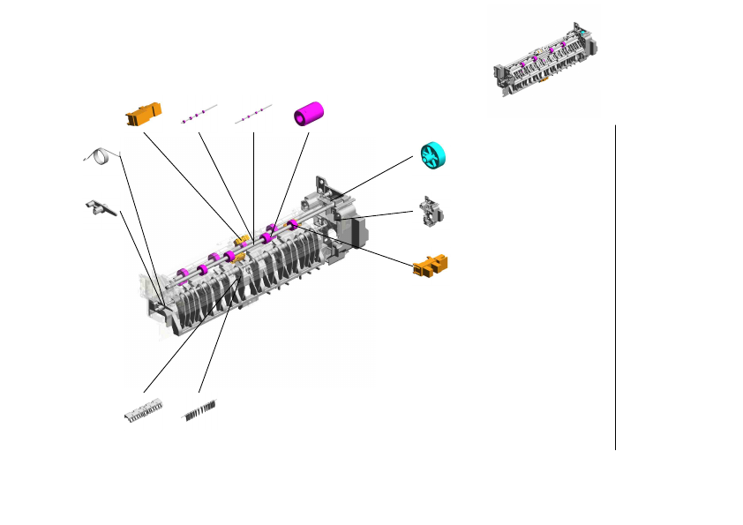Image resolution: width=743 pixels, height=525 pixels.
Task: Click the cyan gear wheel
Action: point(436,155)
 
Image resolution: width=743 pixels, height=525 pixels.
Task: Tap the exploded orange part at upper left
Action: point(143,114)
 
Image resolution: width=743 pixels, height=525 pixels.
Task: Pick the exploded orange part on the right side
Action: point(431,265)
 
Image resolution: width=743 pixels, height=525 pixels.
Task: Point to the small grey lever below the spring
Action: point(101,207)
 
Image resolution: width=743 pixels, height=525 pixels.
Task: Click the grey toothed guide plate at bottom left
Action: point(143,410)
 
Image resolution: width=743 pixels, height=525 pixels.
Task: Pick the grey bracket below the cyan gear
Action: point(432,212)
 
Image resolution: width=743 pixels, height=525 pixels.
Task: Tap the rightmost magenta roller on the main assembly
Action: point(292,227)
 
